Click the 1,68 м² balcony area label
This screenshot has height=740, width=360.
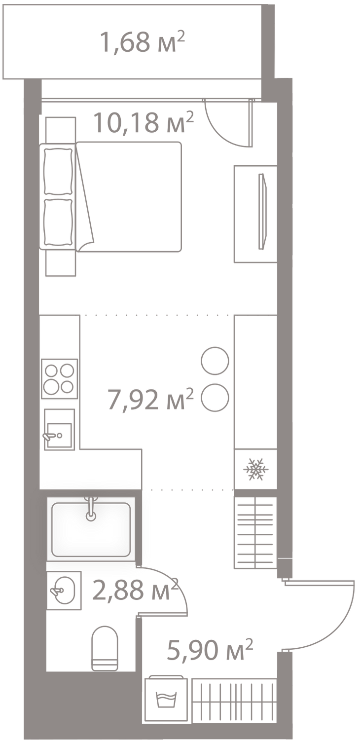pos(142,42)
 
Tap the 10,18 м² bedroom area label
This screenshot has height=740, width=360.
pos(143,122)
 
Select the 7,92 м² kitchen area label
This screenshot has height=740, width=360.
pos(150,399)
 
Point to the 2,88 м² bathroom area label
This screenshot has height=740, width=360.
pos(136,590)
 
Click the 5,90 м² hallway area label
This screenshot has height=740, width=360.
pos(210,650)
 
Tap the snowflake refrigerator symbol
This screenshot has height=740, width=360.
pos(255,469)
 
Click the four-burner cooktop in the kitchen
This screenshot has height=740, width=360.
pos(60,379)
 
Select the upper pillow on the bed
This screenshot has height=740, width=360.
pos(58,172)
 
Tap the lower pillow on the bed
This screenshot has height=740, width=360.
pos(58,222)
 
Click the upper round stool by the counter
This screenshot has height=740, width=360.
pos(215,361)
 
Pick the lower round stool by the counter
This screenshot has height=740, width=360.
pos(215,398)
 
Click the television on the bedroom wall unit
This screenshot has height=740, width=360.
pos(262,212)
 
